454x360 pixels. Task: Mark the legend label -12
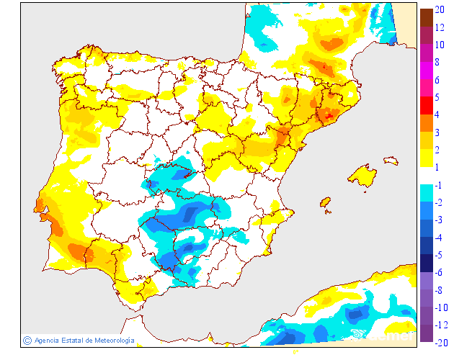pos(442,324)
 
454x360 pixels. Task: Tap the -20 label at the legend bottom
pos(442,342)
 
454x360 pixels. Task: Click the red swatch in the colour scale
pos(426,106)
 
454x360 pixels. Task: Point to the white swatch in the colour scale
pos(426,175)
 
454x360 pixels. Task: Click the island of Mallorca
pos(362,176)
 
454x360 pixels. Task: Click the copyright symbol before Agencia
pos(27,340)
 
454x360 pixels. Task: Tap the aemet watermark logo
pos(382,335)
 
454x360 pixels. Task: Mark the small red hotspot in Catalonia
pos(331,114)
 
